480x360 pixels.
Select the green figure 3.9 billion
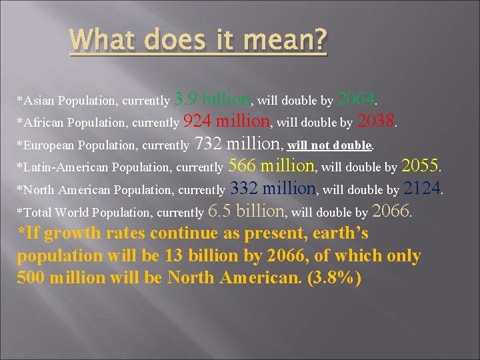point(212,100)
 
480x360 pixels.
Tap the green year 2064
point(356,100)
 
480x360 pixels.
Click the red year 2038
point(377,121)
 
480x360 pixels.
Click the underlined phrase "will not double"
point(329,145)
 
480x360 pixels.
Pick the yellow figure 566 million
point(271,165)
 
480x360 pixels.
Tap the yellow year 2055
point(421,165)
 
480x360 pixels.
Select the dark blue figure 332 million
point(273,189)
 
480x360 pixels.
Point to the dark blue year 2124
point(422,189)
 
